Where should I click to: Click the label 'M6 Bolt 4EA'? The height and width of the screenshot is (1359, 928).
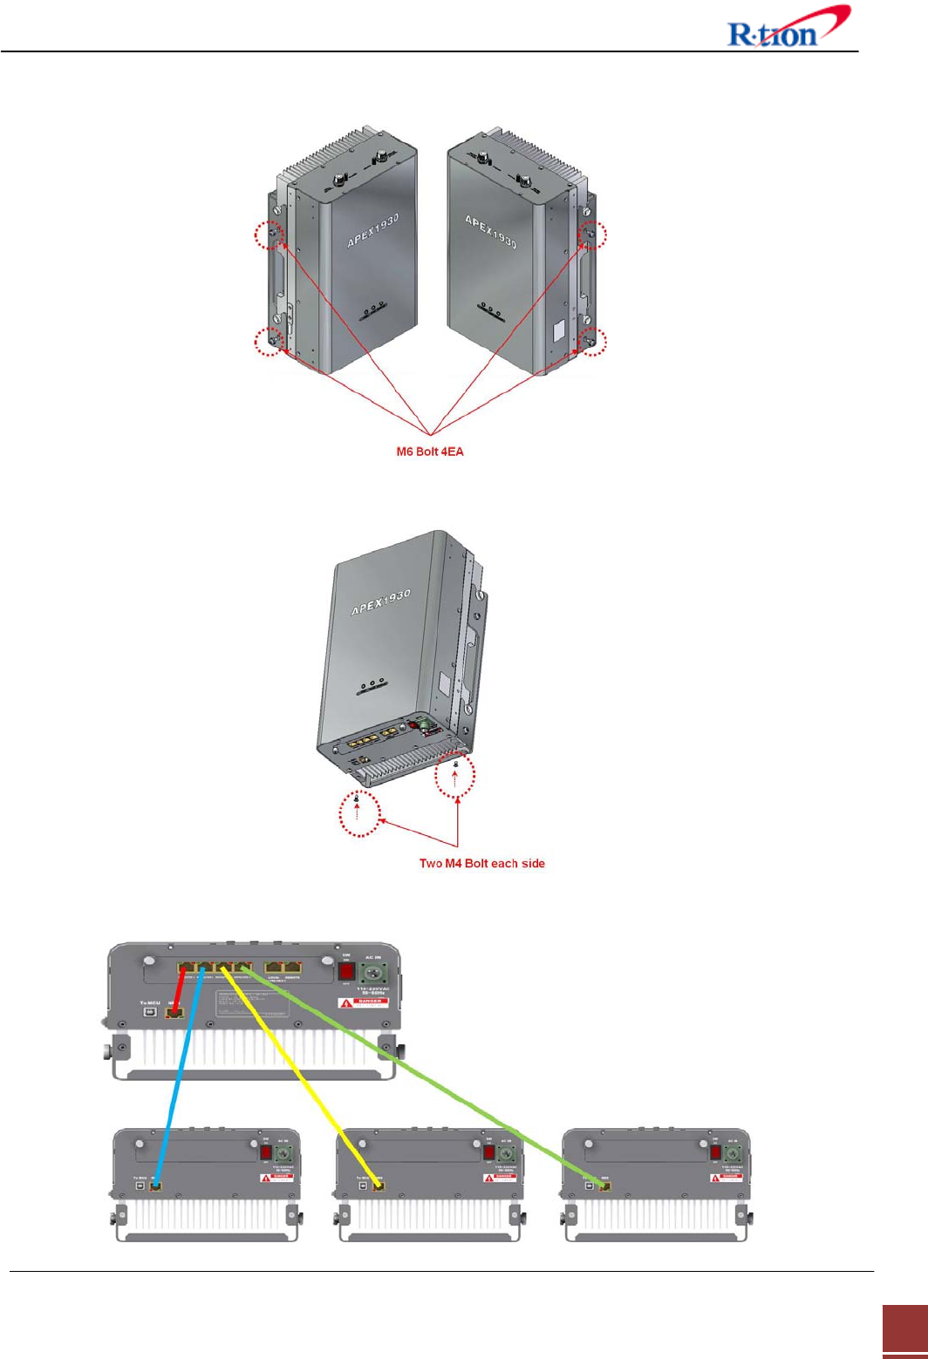[430, 452]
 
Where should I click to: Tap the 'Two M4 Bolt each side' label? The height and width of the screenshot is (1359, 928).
[481, 863]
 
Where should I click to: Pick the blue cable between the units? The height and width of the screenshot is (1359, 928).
[178, 1081]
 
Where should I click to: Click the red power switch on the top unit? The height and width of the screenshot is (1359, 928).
[346, 971]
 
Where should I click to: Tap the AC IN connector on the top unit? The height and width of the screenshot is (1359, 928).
[374, 971]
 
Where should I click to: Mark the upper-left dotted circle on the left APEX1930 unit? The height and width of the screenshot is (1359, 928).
[270, 234]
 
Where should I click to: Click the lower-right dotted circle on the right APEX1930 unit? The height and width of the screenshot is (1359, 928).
[591, 342]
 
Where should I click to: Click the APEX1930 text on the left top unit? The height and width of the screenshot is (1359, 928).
[373, 230]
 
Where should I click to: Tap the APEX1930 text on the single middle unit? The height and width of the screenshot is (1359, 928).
[381, 601]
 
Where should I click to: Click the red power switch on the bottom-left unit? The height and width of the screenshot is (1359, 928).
[266, 1152]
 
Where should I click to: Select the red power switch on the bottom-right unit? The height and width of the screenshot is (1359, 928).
[715, 1152]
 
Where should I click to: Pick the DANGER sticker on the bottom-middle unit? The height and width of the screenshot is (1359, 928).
[501, 1177]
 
